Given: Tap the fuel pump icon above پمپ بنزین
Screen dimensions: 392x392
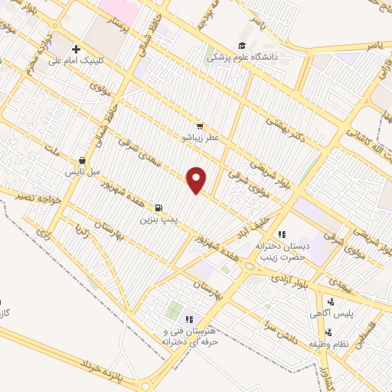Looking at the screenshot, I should coord(158,207).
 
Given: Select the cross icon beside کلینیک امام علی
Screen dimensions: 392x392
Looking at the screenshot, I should coord(75,49).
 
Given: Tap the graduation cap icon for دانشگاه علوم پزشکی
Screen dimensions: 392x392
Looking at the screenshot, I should coord(242,46).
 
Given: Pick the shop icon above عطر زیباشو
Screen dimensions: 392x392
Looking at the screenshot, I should coord(200,126).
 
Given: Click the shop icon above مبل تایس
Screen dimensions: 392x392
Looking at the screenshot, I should coord(82,161).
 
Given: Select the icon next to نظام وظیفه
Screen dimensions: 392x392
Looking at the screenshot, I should coord(328,332).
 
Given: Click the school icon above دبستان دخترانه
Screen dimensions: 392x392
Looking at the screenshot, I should coord(282,234).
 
